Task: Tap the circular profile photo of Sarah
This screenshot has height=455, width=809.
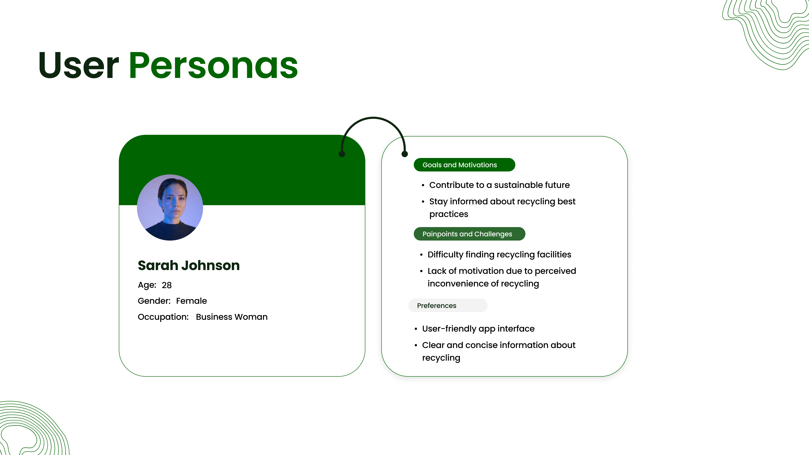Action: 170,208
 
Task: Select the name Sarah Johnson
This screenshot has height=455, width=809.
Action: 189,265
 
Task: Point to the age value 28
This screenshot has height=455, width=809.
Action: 167,285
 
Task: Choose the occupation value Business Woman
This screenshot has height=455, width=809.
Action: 232,317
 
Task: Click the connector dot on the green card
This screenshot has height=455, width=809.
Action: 342,154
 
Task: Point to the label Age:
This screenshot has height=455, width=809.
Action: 147,285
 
